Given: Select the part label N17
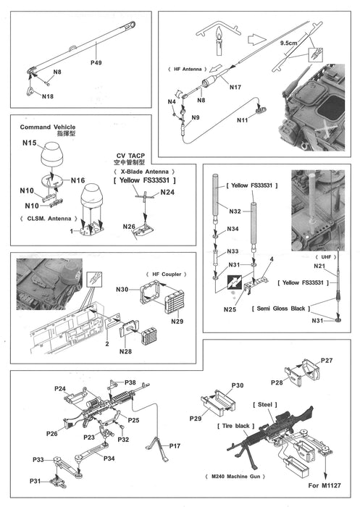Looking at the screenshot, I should click(x=235, y=88).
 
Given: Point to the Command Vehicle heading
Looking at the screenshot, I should click(x=46, y=126).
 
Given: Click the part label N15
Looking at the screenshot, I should click(x=29, y=143).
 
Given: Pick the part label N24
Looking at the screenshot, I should click(x=167, y=193).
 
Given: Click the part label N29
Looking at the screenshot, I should click(x=177, y=320).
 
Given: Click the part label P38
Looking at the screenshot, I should click(x=130, y=382).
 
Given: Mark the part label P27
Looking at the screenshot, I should click(x=326, y=360).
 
